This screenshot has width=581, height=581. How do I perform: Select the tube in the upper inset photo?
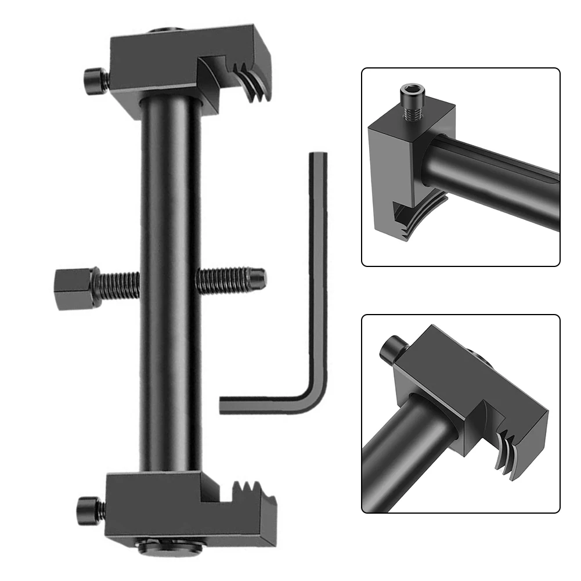click(493, 180)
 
